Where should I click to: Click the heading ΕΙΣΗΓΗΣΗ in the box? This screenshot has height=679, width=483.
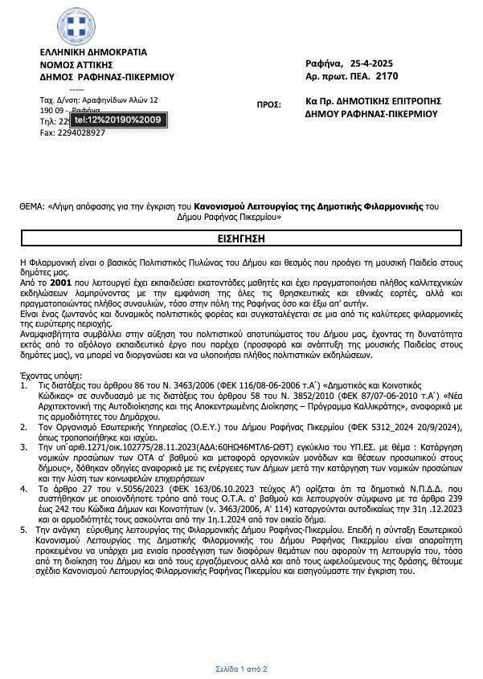point(241,239)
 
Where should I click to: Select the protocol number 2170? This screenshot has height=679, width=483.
point(387,76)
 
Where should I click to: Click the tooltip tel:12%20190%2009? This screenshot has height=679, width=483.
point(118,120)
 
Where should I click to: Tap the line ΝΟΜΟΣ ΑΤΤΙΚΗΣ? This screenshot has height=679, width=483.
point(76,65)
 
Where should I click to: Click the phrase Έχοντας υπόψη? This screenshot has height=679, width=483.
point(47,375)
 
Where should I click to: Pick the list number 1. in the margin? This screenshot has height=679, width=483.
point(23,385)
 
